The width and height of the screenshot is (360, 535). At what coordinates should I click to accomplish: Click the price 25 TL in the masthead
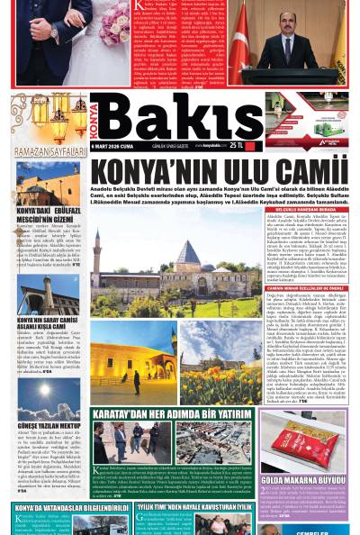click(237, 144)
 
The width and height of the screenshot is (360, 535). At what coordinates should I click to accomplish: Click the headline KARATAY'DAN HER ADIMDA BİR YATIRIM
click(172, 414)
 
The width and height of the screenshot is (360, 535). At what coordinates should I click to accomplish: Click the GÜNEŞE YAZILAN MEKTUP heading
click(46, 425)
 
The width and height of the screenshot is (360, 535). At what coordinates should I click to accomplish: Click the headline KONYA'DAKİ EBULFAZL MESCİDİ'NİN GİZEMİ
click(45, 216)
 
